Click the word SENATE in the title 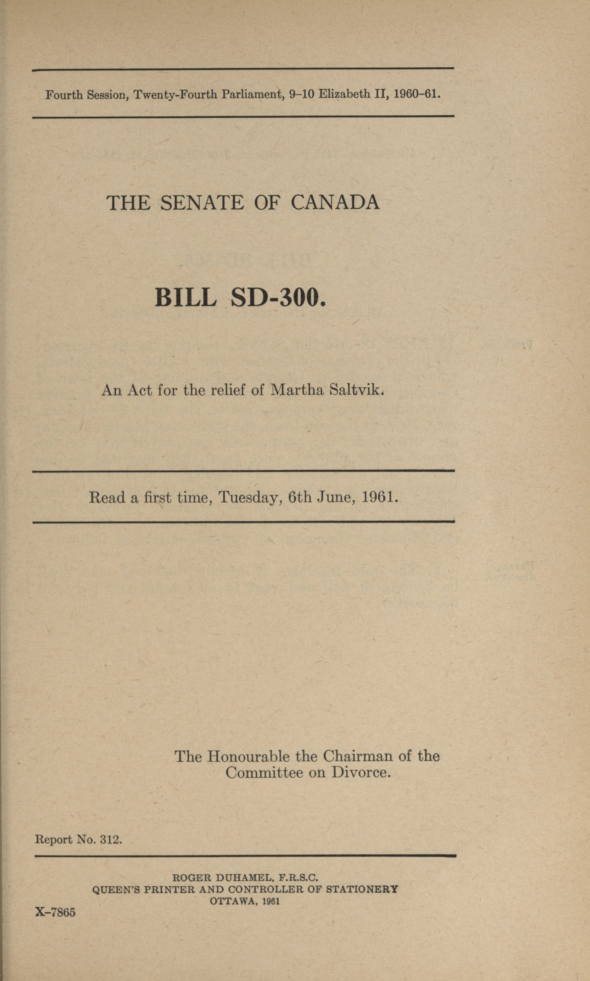click(x=202, y=203)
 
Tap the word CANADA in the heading click(x=335, y=203)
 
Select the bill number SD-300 click(x=278, y=298)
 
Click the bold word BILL click(x=186, y=298)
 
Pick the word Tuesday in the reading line click(x=250, y=497)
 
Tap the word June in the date click(x=335, y=497)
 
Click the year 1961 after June click(x=380, y=497)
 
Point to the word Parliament click(x=252, y=95)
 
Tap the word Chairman click(x=357, y=756)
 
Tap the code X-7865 click(x=55, y=912)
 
